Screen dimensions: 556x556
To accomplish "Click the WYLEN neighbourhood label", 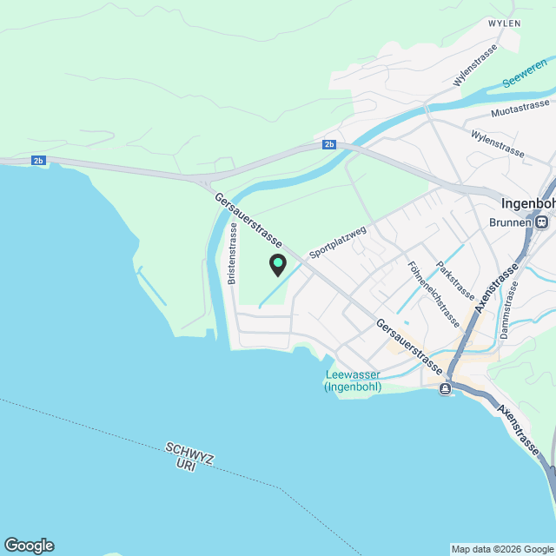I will pos(504,23).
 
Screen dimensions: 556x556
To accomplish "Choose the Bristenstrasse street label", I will pos(233,254).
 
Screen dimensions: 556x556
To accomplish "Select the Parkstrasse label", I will pos(455,280).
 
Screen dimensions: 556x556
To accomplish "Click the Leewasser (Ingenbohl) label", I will pos(353,381).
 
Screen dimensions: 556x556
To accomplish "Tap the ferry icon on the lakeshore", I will pos(446,388).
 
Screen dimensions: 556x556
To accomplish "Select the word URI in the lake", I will pos(185,465).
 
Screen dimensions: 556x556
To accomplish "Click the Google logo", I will pos(29,546).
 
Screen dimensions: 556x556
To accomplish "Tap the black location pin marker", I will pos(278,265).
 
